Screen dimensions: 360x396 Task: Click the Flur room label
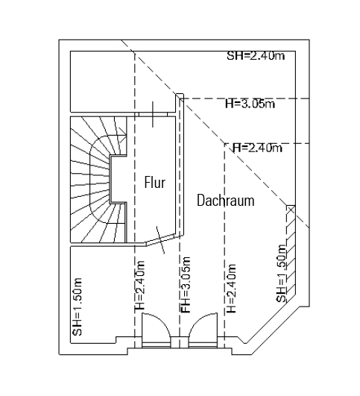click(x=155, y=183)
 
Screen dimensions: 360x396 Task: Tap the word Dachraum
click(x=225, y=201)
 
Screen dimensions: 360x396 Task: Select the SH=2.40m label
click(x=256, y=56)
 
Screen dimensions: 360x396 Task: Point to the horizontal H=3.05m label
click(x=250, y=104)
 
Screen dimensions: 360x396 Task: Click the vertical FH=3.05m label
click(x=186, y=285)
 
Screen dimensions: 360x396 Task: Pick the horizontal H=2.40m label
click(x=257, y=148)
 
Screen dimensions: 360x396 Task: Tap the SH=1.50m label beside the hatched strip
click(x=281, y=273)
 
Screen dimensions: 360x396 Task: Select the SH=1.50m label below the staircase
click(x=77, y=307)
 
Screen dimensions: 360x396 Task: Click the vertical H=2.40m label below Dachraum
click(x=232, y=289)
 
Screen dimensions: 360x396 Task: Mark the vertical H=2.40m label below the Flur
click(x=139, y=285)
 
